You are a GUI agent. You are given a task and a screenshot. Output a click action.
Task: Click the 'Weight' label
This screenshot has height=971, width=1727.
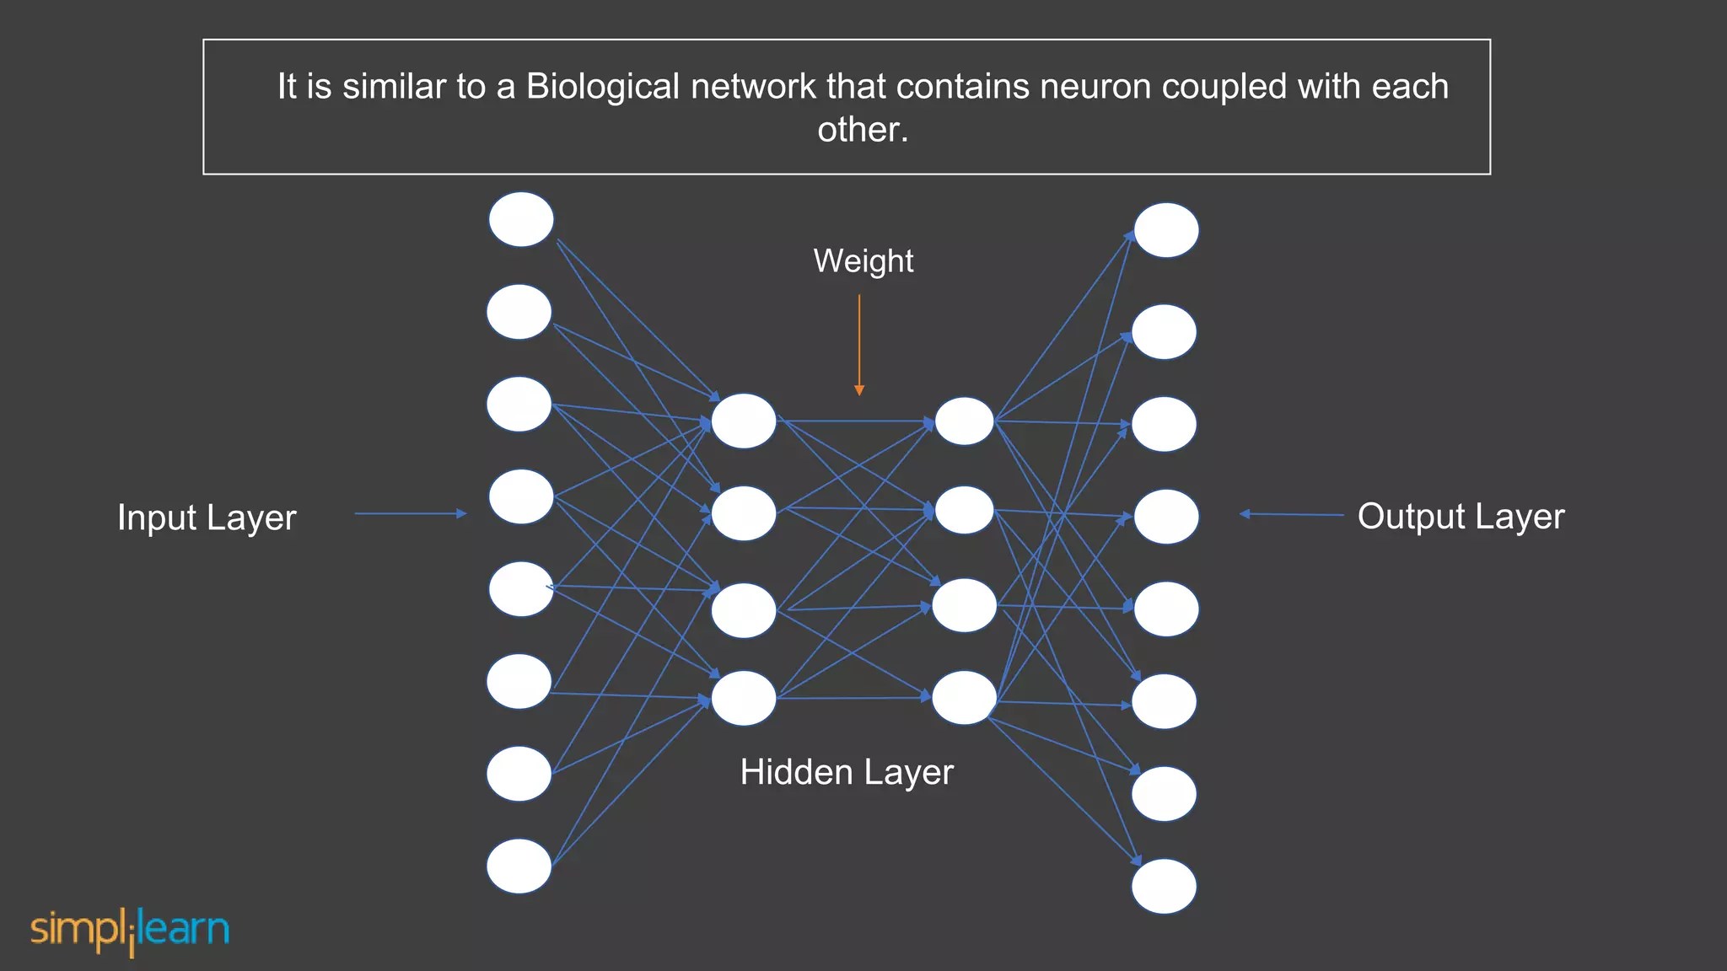[x=863, y=261]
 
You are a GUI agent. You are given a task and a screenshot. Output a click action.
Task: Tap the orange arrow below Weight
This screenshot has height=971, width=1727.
[x=859, y=346]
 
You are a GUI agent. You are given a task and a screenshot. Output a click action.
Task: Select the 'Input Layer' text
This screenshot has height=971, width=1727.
[x=207, y=518]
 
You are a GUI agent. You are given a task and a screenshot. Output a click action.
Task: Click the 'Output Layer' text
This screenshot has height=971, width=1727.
[x=1461, y=517]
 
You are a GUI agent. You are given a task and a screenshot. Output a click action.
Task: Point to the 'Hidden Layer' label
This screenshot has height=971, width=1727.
[x=847, y=772]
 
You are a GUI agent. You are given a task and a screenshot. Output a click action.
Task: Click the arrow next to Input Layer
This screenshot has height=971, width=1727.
[x=411, y=513]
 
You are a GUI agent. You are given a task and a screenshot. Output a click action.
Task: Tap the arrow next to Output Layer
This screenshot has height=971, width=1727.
[x=1291, y=514]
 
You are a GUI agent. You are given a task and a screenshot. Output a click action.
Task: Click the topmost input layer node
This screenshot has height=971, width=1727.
[x=521, y=219]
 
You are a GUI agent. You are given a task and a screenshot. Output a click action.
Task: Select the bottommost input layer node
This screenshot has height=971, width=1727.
[x=519, y=866]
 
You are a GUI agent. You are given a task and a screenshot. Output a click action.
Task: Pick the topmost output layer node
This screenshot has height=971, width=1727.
[x=1165, y=230]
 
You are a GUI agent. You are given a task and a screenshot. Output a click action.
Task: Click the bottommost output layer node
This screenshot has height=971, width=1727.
[x=1164, y=886]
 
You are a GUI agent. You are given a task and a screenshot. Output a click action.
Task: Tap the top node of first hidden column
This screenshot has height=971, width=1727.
[x=743, y=421]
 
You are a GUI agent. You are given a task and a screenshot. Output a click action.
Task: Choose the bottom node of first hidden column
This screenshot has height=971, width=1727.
[x=743, y=698]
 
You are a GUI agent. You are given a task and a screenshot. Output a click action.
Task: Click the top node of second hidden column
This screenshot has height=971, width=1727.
[x=964, y=421]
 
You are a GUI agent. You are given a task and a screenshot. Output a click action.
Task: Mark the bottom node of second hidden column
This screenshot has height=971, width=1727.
[x=964, y=698]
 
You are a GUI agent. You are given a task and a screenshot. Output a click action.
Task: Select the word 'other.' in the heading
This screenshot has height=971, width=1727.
[x=863, y=130]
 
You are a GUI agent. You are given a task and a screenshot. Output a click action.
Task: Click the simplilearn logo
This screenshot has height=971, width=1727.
[x=130, y=931]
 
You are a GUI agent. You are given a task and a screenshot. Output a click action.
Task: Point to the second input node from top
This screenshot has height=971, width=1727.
[x=519, y=312]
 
